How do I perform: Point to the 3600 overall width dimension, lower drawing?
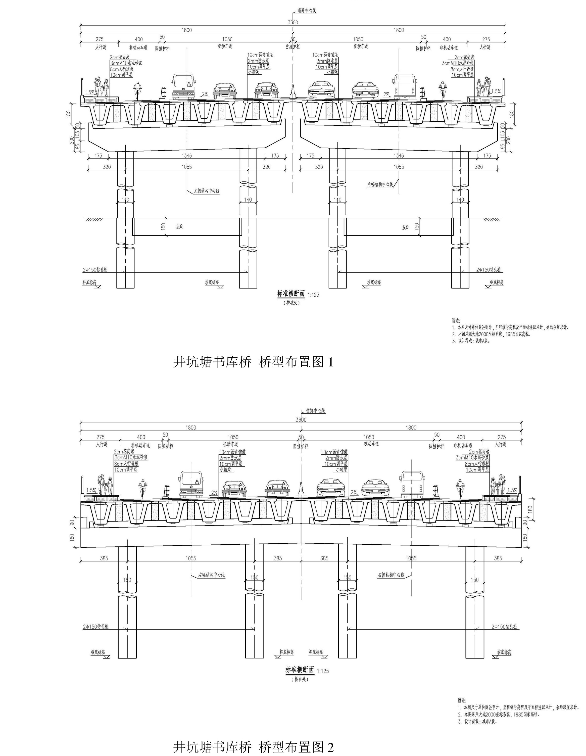pos(301,419)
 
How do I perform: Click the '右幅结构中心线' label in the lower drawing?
pos(391,575)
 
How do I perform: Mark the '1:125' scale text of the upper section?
pos(313,295)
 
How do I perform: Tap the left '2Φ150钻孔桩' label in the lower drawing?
pos(95,627)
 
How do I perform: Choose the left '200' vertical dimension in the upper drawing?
pos(72,140)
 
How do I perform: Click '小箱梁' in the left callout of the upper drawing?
pos(254,73)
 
